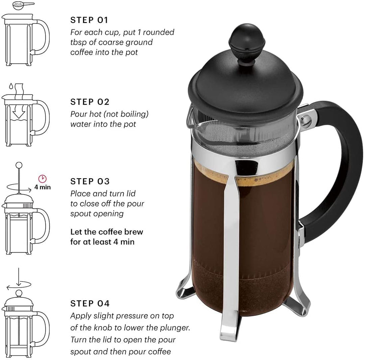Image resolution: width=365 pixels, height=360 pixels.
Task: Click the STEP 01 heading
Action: click(89, 20)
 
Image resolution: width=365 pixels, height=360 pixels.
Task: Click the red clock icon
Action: click(42, 178)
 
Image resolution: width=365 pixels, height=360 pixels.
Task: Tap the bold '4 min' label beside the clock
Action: click(42, 187)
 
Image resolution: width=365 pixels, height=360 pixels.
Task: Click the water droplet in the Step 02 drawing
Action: click(11, 86)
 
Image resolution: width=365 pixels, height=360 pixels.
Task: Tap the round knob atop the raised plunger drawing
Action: click(19, 165)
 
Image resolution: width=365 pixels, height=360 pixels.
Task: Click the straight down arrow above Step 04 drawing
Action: click(19, 275)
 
